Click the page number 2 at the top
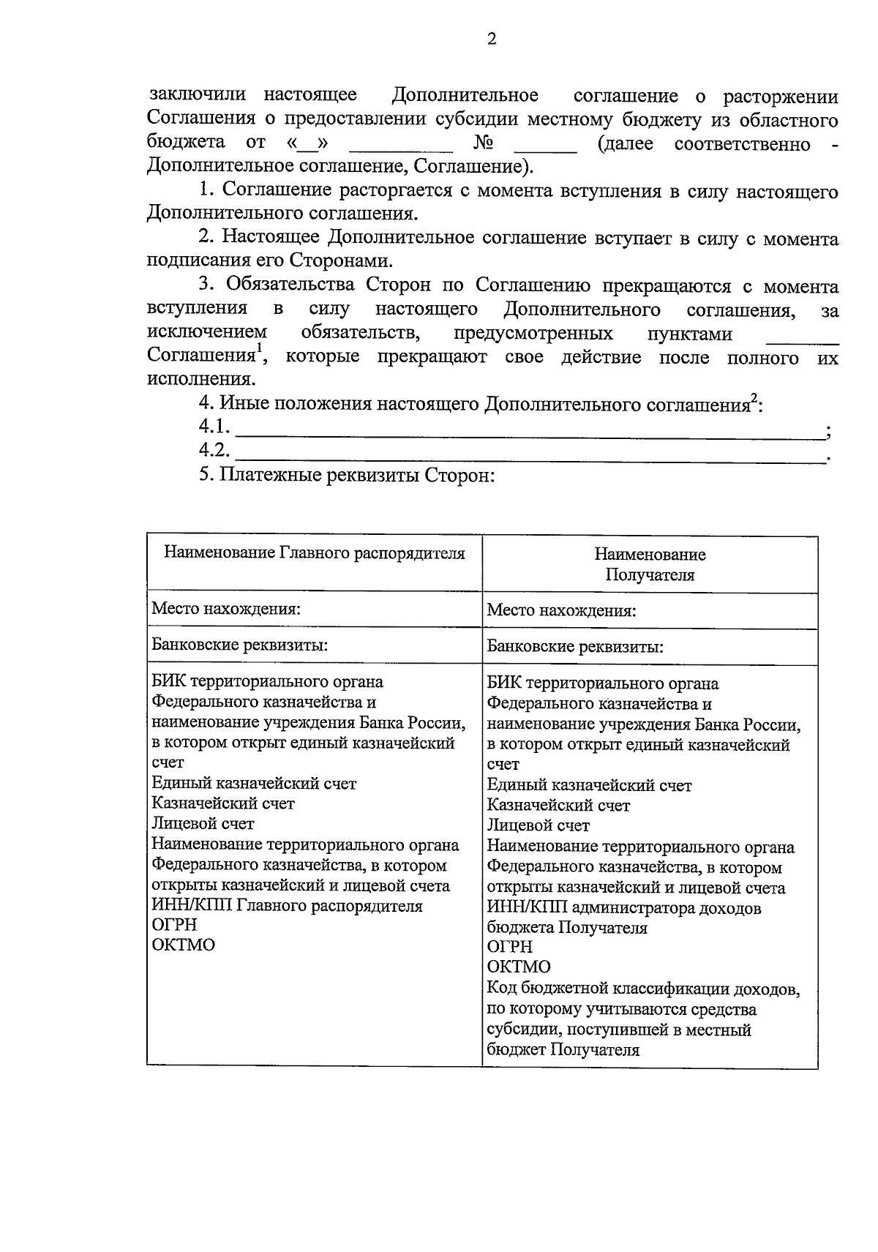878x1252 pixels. (x=492, y=39)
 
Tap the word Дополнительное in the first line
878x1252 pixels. (x=465, y=95)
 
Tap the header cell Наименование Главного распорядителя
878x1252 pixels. (x=315, y=553)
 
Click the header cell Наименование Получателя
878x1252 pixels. (x=650, y=564)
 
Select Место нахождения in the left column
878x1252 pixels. (x=226, y=609)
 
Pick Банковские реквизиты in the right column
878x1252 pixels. (x=576, y=647)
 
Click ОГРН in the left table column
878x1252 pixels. (x=174, y=925)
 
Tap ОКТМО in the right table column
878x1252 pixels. (x=519, y=967)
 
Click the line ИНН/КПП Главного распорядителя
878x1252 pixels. (x=287, y=906)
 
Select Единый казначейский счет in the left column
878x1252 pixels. (x=254, y=784)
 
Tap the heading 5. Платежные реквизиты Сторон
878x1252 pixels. (x=348, y=476)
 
